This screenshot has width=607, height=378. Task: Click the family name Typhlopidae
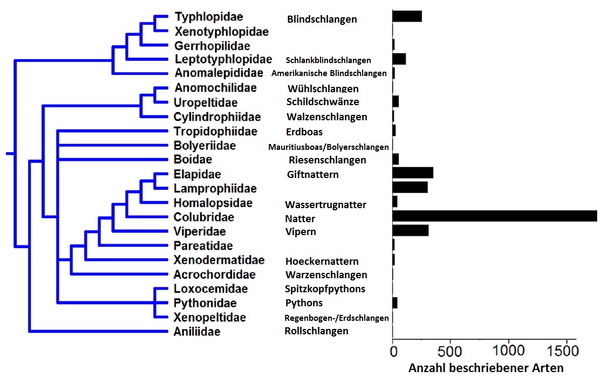[x=209, y=17]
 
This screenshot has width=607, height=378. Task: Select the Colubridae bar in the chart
[x=495, y=216]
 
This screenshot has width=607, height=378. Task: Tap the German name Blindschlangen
[x=322, y=19]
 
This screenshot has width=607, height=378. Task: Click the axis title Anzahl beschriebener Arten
[x=486, y=368]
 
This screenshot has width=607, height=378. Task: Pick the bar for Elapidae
[x=413, y=173]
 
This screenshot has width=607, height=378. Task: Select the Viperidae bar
[x=411, y=231]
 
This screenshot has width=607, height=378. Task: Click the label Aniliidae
[x=196, y=332]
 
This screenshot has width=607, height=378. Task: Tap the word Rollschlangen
[x=316, y=331]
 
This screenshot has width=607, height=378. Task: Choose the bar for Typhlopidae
[x=407, y=16]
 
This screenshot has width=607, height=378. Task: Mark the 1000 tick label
[x=508, y=351]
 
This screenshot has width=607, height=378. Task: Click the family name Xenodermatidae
[x=219, y=260]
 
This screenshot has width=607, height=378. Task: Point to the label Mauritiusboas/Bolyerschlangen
[x=328, y=147]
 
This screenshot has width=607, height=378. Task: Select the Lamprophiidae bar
[x=410, y=187]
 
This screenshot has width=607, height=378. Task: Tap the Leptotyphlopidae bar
[x=399, y=59]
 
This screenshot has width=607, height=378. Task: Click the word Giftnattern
[x=313, y=175]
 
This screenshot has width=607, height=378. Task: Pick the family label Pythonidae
[x=205, y=303]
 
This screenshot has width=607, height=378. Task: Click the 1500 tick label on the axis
[x=562, y=351]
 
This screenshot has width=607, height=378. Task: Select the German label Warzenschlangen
[x=326, y=274]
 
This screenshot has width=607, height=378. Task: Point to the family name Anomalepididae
[x=219, y=73]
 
